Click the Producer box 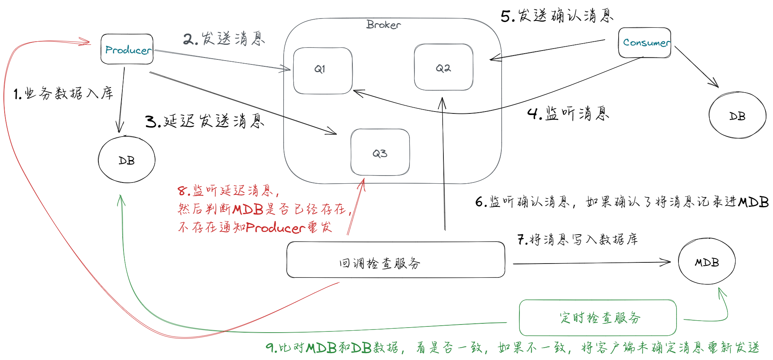[x=127, y=49]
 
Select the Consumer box [x=644, y=42]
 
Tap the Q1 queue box [x=323, y=70]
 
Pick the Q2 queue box [x=443, y=67]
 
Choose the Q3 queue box [x=380, y=152]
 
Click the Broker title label [x=384, y=25]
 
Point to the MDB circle [x=707, y=262]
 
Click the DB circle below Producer [x=127, y=159]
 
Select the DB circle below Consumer [x=737, y=115]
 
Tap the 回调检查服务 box [x=396, y=260]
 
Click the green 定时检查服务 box [x=597, y=318]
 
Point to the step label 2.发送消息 [x=224, y=39]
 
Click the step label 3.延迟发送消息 [x=205, y=121]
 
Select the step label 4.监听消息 [x=568, y=113]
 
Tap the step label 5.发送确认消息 [x=556, y=16]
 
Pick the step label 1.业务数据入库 [x=63, y=93]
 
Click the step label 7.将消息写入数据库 [x=577, y=239]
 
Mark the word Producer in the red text [x=276, y=228]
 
